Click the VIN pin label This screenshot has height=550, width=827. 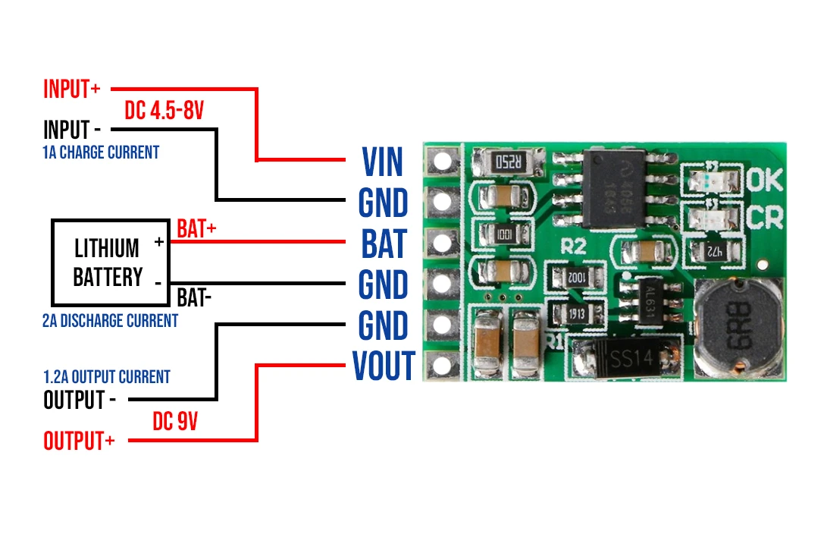pyautogui.click(x=383, y=162)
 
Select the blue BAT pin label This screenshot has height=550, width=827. pyautogui.click(x=384, y=244)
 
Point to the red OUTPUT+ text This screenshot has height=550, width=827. pyautogui.click(x=79, y=441)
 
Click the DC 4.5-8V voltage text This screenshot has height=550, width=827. pyautogui.click(x=164, y=112)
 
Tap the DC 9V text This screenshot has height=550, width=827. pyautogui.click(x=175, y=422)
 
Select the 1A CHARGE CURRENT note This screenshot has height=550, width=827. pyautogui.click(x=101, y=152)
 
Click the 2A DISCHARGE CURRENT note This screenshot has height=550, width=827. pyautogui.click(x=110, y=321)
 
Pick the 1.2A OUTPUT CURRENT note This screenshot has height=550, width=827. pyautogui.click(x=106, y=377)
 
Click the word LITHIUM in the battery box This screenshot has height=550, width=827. pyautogui.click(x=107, y=248)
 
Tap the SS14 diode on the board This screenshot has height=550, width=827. pyautogui.click(x=627, y=355)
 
